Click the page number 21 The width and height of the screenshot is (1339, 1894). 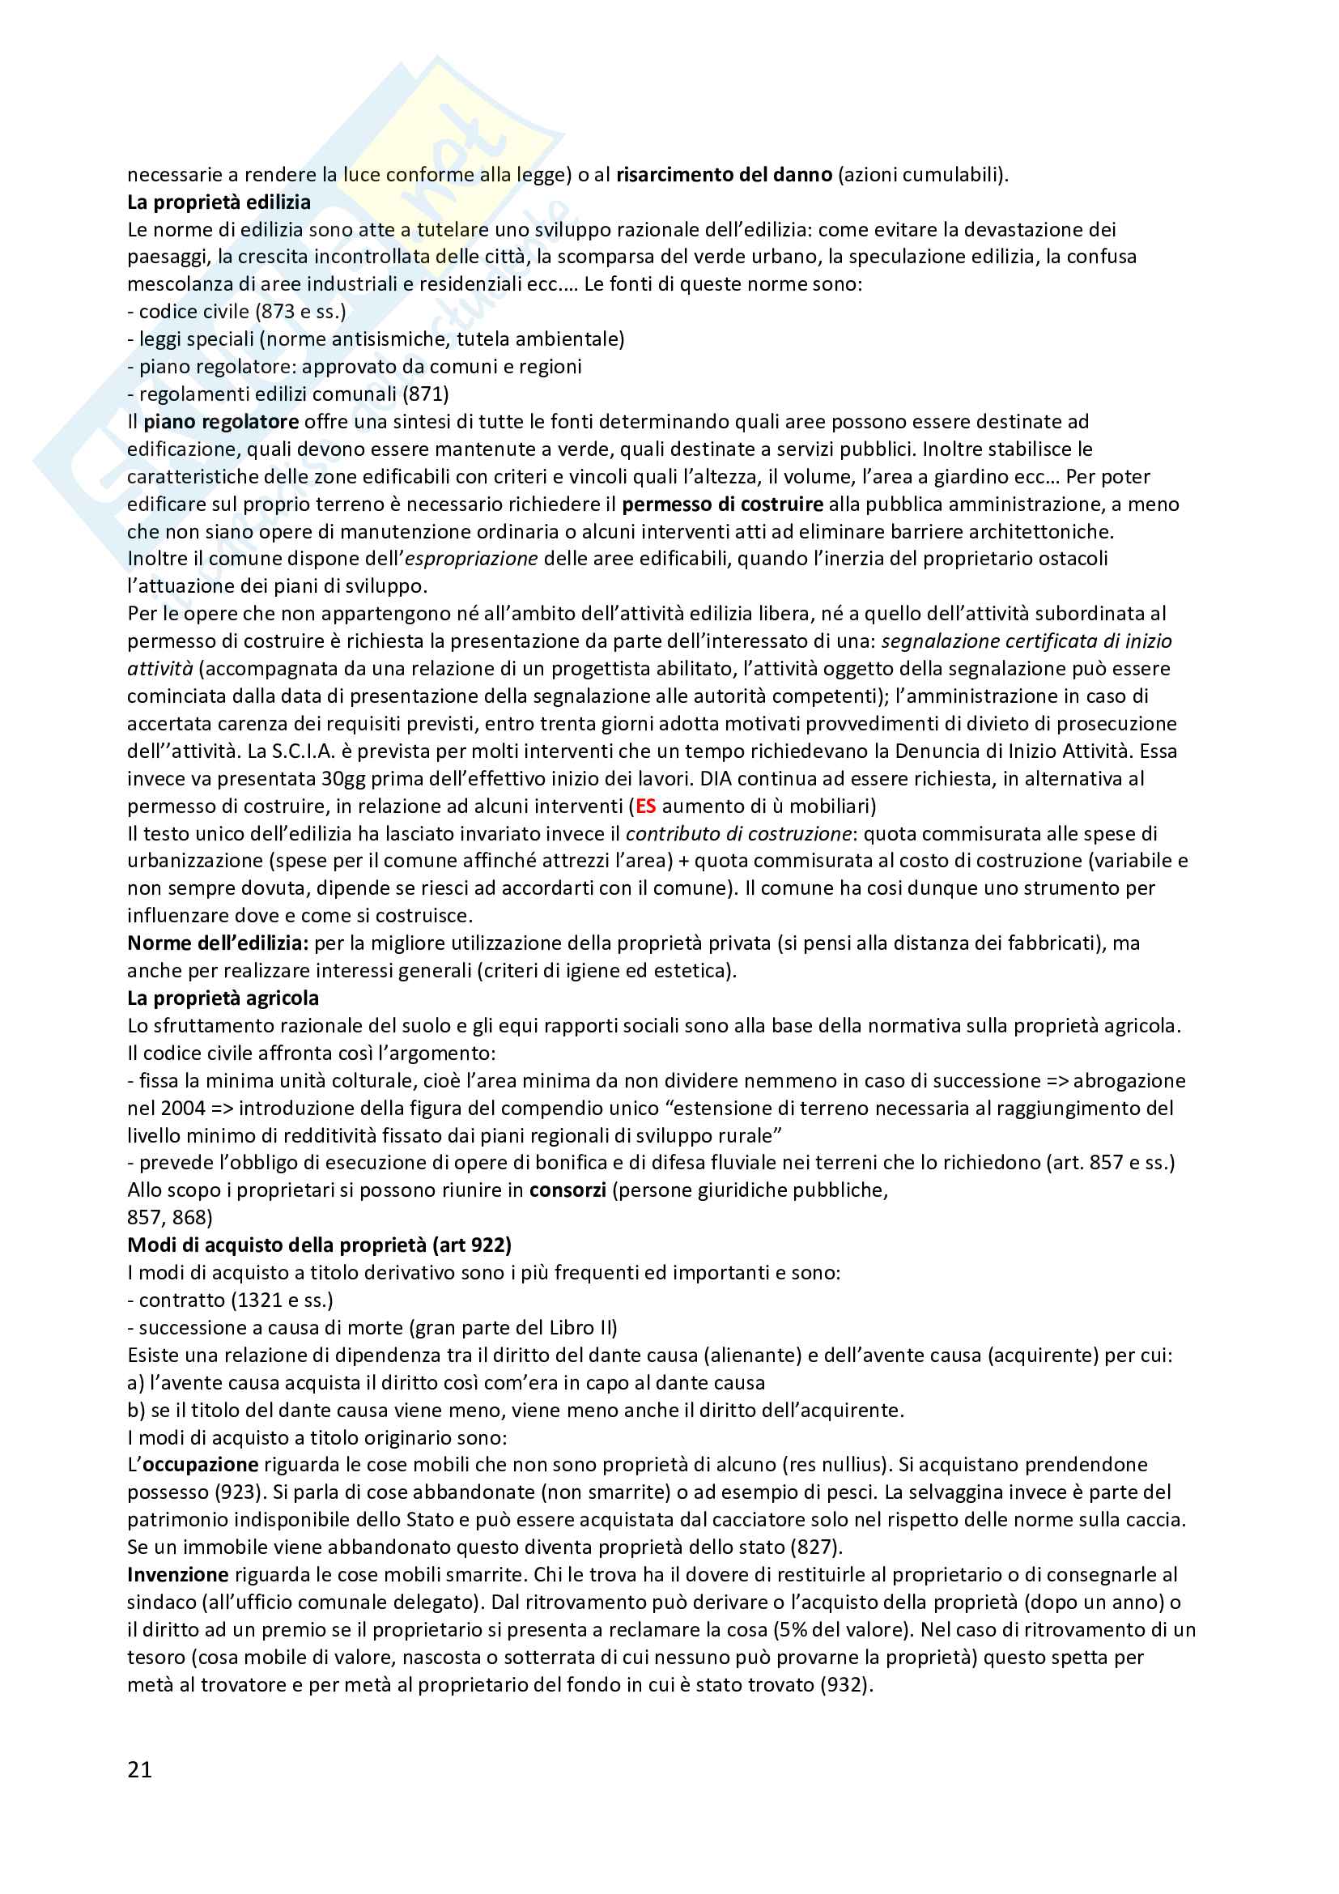(139, 1768)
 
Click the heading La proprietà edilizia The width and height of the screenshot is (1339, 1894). (219, 202)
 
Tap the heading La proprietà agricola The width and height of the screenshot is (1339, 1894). (223, 998)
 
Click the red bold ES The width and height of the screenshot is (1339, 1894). (645, 806)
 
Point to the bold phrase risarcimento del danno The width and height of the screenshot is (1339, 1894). (724, 175)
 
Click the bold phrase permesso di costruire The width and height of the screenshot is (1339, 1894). (722, 504)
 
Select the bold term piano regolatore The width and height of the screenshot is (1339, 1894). (221, 422)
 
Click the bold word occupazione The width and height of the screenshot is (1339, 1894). (202, 1464)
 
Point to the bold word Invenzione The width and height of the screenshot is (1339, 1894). (177, 1575)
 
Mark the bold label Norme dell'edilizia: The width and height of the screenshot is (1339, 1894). (218, 943)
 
